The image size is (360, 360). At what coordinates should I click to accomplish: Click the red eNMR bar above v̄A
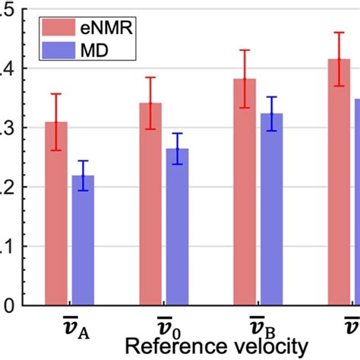tap(56, 220)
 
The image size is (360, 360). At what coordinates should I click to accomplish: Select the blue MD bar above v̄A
tap(82, 243)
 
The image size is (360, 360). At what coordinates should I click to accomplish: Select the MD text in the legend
tap(97, 52)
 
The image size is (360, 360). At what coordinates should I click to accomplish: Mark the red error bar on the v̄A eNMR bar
tap(56, 122)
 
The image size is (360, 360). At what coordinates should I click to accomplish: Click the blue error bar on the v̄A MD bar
tap(82, 175)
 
